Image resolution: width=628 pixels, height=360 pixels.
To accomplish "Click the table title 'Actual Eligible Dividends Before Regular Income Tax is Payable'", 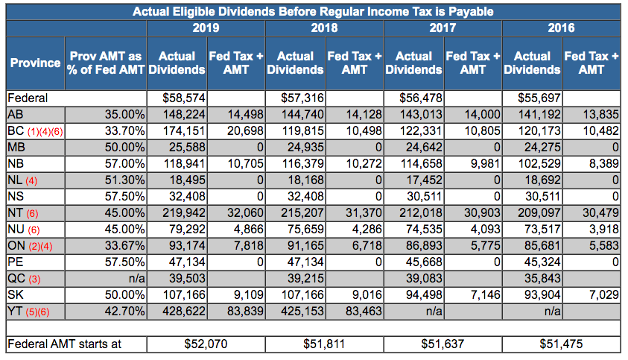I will point(312,12).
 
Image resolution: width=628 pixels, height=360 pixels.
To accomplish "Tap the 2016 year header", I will point(562,28).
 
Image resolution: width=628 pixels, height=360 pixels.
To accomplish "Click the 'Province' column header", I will point(35,63).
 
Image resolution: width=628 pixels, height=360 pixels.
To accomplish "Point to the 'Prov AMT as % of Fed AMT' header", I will point(105,63).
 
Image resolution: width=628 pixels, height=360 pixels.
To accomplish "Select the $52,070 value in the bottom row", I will point(206,344).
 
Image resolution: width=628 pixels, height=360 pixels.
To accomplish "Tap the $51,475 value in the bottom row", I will point(562,344).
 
